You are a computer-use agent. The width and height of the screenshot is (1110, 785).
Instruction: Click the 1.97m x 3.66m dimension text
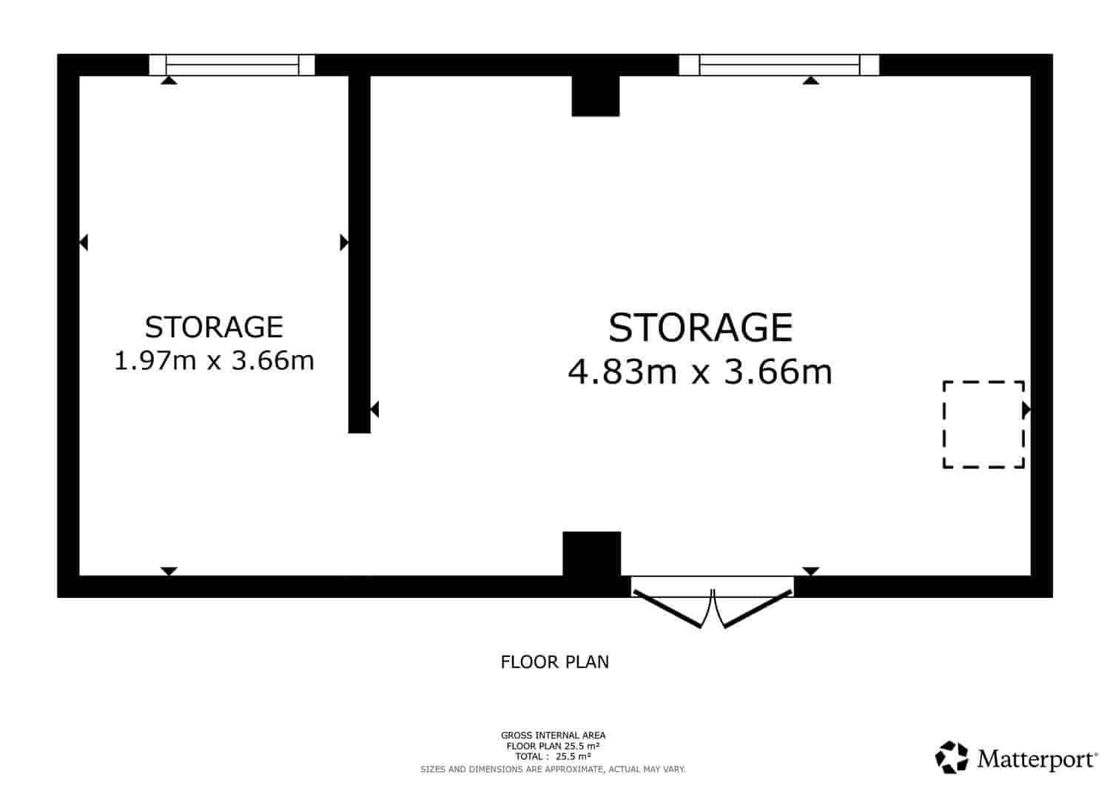coord(214,360)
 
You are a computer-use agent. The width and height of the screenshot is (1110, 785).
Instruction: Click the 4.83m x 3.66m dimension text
coord(700,371)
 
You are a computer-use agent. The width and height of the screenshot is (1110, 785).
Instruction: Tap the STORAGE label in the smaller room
coord(214,327)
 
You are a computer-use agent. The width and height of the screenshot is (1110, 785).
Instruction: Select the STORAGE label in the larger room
coord(700,328)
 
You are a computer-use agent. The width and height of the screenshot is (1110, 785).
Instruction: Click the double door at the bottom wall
coord(713,602)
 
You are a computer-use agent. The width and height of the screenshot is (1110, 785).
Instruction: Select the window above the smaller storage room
coord(232,65)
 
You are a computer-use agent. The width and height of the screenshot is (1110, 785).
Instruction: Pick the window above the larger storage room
coord(779,65)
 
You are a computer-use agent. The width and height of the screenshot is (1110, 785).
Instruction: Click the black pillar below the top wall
coord(596,95)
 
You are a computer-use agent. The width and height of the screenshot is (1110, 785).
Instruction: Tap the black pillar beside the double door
coord(592,553)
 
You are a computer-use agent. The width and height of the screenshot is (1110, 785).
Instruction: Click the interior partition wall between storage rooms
coord(359,255)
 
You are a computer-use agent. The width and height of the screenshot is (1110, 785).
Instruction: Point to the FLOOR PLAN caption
coord(554,662)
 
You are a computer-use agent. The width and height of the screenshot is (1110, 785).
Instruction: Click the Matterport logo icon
coord(952,757)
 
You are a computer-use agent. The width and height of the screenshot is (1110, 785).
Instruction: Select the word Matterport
coord(1037,759)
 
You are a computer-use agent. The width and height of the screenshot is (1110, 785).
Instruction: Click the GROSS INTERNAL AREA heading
coord(553,735)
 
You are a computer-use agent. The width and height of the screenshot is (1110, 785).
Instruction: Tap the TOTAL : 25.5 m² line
coord(553,757)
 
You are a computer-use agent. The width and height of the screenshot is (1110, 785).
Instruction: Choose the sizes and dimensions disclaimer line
coord(553,769)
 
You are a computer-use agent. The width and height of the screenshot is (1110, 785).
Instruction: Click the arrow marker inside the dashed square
coord(1026,410)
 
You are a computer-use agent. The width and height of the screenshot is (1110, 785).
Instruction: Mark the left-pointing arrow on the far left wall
coord(84,243)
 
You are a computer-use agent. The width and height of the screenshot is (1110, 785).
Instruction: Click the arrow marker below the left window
coord(169,81)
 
